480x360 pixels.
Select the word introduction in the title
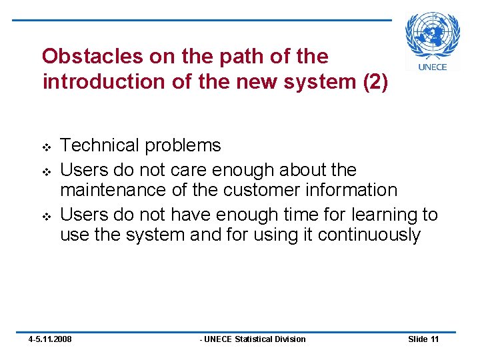point(98,82)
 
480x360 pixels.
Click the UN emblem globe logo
point(433,35)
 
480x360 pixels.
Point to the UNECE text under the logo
point(433,66)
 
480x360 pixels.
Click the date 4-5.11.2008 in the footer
point(50,339)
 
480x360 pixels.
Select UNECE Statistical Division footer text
point(253,339)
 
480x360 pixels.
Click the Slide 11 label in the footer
point(423,339)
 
